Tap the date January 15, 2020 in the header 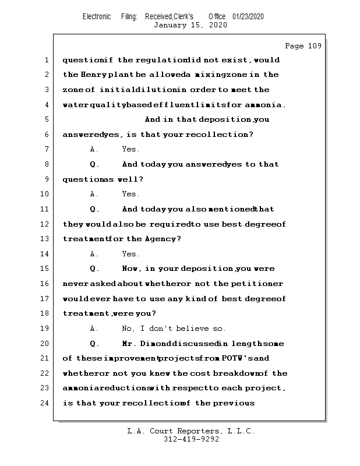[190, 25]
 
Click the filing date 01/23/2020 [248, 16]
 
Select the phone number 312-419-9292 [191, 439]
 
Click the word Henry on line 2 [93, 75]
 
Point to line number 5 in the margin [46, 119]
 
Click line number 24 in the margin [45, 403]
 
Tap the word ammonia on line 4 [264, 105]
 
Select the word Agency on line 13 [161, 239]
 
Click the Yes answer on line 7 [130, 149]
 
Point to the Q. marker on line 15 [95, 269]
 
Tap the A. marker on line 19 [94, 329]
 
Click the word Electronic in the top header [97, 16]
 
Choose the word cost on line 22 [201, 373]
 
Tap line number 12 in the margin [45, 224]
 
